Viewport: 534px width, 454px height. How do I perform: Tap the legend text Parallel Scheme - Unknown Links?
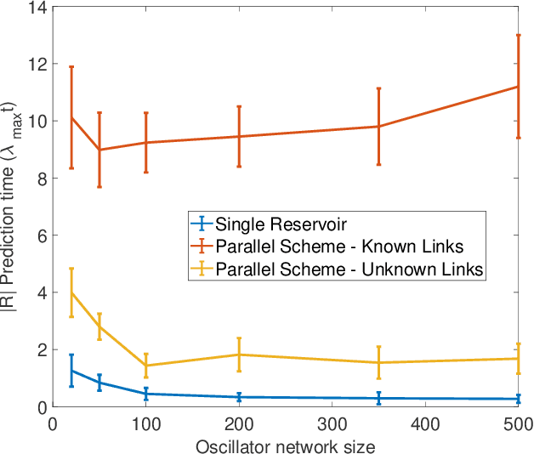pyautogui.click(x=349, y=270)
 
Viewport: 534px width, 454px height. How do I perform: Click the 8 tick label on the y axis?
pyautogui.click(x=43, y=179)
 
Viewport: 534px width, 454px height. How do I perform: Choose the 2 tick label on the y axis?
pyautogui.click(x=43, y=349)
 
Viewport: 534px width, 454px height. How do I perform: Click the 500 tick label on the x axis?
pyautogui.click(x=518, y=423)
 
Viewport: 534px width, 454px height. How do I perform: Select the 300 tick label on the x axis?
pyautogui.click(x=332, y=423)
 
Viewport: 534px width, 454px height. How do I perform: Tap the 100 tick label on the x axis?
pyautogui.click(x=146, y=423)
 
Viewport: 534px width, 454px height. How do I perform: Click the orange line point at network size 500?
pyautogui.click(x=518, y=87)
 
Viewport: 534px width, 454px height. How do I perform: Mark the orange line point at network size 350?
pyautogui.click(x=378, y=127)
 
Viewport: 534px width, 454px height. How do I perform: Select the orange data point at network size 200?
pyautogui.click(x=239, y=136)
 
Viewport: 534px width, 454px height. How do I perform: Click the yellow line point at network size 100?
pyautogui.click(x=146, y=366)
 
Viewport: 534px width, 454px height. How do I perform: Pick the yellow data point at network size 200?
pyautogui.click(x=239, y=355)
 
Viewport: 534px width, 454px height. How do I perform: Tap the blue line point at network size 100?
pyautogui.click(x=146, y=394)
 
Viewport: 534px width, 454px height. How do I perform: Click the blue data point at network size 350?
pyautogui.click(x=378, y=398)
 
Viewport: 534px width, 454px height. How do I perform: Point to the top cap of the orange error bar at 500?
pyautogui.click(x=518, y=35)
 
